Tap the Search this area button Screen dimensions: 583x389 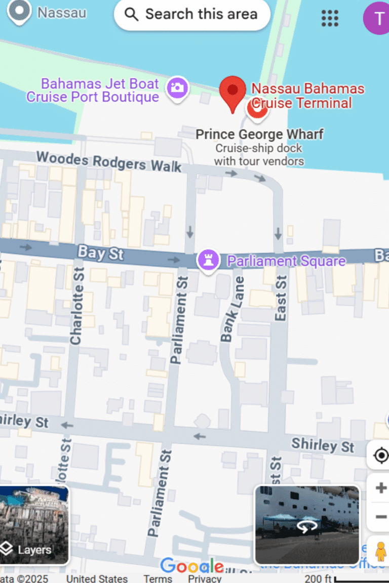(x=192, y=14)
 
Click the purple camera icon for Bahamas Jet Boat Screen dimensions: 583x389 (x=177, y=88)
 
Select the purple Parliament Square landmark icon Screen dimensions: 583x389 (x=208, y=261)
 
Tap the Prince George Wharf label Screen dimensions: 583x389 (x=259, y=135)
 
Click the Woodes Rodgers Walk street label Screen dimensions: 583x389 (x=108, y=161)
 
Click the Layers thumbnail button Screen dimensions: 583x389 (x=34, y=525)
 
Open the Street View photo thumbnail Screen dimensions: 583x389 (x=307, y=525)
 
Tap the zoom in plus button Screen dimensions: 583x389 (x=381, y=488)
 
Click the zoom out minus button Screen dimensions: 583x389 (x=381, y=517)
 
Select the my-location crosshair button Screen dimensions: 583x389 (x=380, y=455)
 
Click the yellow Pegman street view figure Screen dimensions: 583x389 (x=380, y=552)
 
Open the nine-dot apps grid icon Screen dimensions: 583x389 (x=330, y=18)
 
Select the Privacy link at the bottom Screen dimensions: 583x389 (x=205, y=578)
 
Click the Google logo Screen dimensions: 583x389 (x=192, y=566)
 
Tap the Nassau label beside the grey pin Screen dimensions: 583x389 (x=62, y=13)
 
